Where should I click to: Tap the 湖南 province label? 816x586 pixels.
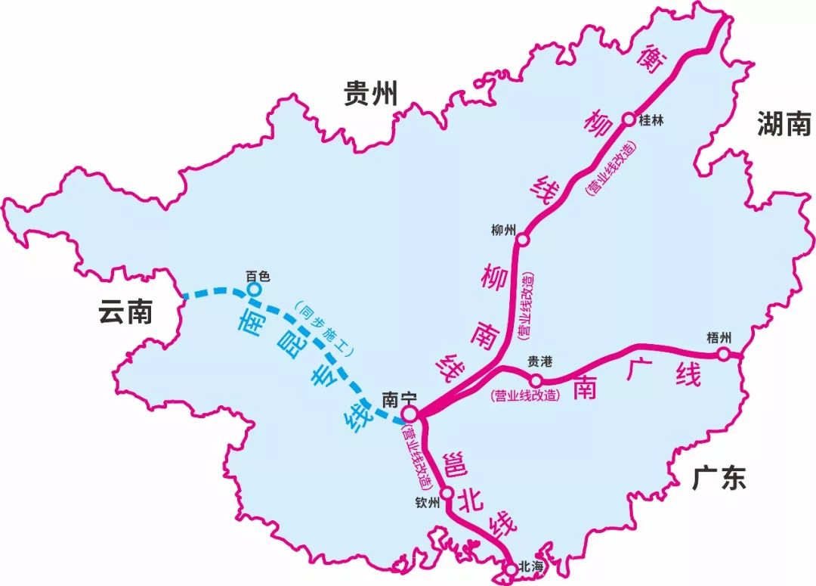tap(784, 123)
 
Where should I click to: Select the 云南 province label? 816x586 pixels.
tap(125, 312)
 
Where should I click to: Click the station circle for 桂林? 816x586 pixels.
tap(628, 119)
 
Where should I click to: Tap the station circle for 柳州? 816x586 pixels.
tap(522, 240)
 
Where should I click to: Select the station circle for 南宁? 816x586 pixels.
tap(410, 414)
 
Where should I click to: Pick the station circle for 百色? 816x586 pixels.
tap(255, 289)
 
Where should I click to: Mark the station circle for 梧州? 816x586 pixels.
tap(723, 353)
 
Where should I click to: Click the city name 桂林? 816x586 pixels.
tap(651, 119)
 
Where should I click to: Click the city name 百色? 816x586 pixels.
tap(258, 276)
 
